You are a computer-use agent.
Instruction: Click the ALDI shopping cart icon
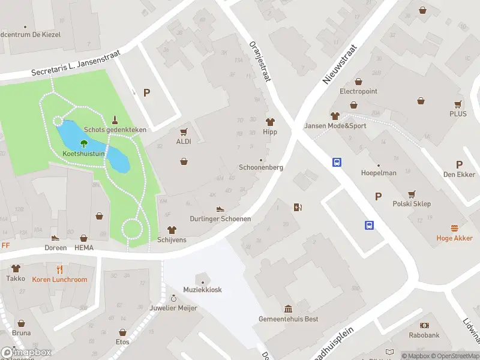pos(184,132)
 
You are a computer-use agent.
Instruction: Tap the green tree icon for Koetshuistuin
pos(83,143)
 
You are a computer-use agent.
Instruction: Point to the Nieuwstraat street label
pos(339,64)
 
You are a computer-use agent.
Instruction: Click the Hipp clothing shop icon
pos(269,122)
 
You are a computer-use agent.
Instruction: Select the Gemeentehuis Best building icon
pos(289,309)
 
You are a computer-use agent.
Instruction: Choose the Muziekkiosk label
pos(203,290)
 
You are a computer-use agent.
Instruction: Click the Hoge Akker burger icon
pos(454,228)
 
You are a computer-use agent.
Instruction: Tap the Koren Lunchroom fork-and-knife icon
pos(59,269)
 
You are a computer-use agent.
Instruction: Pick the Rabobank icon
pos(425,325)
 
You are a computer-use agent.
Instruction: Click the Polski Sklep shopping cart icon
pos(412,194)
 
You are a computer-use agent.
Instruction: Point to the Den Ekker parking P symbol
pos(460,164)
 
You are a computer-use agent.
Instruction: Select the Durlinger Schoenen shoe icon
pos(220,209)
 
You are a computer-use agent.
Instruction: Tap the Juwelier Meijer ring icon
pos(174,298)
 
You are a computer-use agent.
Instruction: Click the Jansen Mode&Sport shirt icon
pos(335,116)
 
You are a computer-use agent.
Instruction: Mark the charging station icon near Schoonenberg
pos(298,208)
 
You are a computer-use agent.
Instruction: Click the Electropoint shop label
pos(358,91)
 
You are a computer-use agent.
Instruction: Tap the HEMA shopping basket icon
pos(84,238)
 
